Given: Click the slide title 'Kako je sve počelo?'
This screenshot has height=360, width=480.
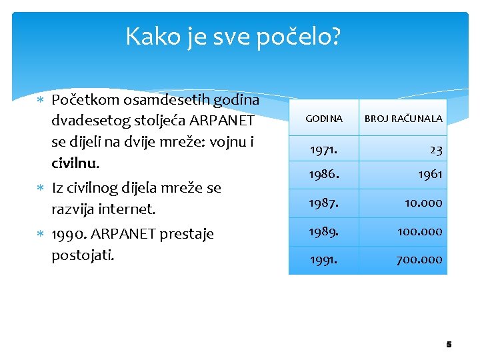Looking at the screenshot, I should [x=233, y=37].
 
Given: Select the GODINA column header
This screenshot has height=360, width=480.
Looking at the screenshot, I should [x=324, y=119].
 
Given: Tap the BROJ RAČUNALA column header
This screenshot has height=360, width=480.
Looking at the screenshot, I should [x=403, y=119].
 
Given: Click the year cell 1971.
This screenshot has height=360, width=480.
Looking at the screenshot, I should [x=323, y=150].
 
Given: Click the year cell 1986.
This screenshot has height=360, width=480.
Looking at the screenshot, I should [x=324, y=174].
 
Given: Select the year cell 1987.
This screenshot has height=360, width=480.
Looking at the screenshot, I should [x=324, y=203].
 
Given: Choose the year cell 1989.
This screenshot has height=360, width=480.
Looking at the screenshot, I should [x=324, y=231].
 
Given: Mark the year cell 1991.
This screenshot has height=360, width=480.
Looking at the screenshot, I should [x=323, y=259].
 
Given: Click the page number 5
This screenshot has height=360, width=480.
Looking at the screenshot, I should [x=449, y=345].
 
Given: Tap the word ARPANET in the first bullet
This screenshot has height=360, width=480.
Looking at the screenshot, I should [x=222, y=121].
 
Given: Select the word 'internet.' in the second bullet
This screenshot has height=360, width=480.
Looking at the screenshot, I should [x=127, y=209].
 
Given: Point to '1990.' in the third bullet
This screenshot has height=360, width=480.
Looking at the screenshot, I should [x=71, y=235].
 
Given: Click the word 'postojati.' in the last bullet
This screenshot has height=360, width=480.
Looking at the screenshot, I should [x=83, y=255].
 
